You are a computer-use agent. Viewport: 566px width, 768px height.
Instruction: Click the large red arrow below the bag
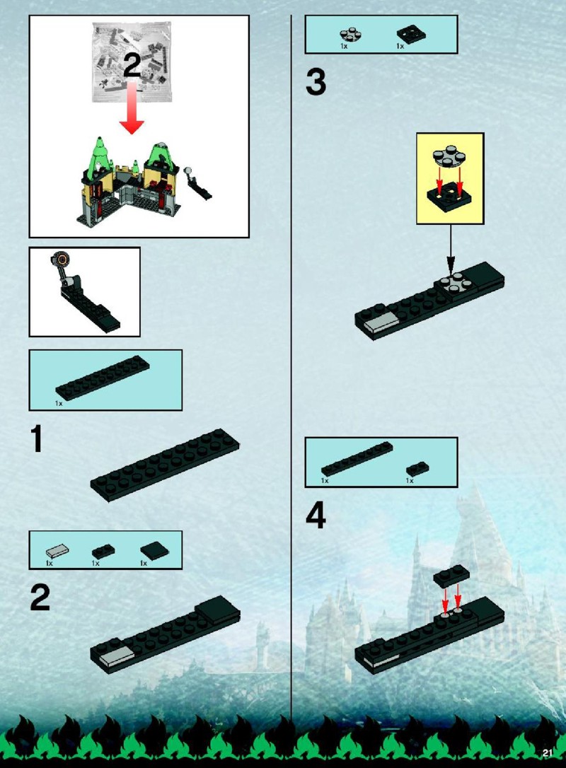[132, 109]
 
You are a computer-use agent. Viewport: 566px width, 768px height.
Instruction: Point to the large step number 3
[316, 82]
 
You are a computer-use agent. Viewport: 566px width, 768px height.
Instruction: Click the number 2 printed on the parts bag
[132, 65]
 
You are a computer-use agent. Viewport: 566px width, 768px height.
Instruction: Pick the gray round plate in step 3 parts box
[350, 34]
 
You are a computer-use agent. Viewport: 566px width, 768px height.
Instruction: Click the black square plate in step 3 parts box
[410, 34]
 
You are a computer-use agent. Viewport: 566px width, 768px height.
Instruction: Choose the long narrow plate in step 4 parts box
[357, 458]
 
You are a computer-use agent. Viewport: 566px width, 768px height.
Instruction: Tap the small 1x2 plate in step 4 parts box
[417, 469]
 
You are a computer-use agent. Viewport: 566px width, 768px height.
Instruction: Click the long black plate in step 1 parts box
[103, 378]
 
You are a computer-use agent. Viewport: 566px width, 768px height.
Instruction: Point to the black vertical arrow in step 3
[451, 250]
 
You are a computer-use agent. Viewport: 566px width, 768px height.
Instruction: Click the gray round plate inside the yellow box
[451, 156]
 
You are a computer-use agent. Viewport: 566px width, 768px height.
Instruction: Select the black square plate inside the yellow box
[449, 195]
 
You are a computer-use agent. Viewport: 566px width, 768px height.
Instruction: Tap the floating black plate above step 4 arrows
[452, 576]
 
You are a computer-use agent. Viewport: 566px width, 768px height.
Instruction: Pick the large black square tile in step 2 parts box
[155, 550]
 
